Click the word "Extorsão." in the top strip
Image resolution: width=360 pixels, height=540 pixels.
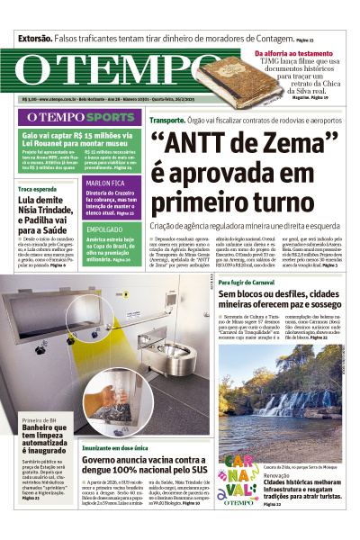click(35, 39)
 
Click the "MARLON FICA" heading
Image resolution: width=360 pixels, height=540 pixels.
click(104, 183)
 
